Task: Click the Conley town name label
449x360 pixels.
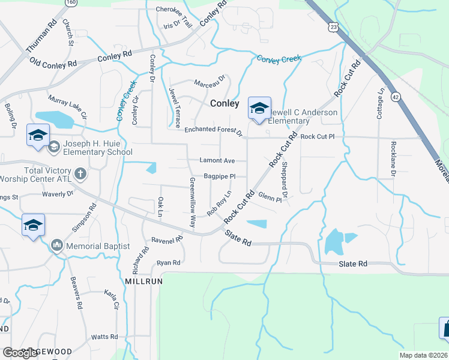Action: click(x=224, y=103)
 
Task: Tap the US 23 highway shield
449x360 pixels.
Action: click(x=334, y=27)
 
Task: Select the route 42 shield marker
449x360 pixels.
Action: click(x=394, y=96)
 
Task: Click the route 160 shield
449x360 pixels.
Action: click(x=71, y=2)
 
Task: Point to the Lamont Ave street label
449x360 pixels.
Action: click(x=217, y=161)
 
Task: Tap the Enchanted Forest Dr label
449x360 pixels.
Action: click(x=212, y=130)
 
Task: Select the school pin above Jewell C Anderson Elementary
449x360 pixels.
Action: click(x=259, y=109)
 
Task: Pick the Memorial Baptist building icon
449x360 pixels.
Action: click(x=57, y=245)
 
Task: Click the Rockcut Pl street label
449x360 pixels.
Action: click(x=317, y=137)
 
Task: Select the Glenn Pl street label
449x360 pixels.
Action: click(x=270, y=197)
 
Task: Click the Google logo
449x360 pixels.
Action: click(x=20, y=353)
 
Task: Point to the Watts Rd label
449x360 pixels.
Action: click(x=103, y=338)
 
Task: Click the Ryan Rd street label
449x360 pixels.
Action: click(x=168, y=263)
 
